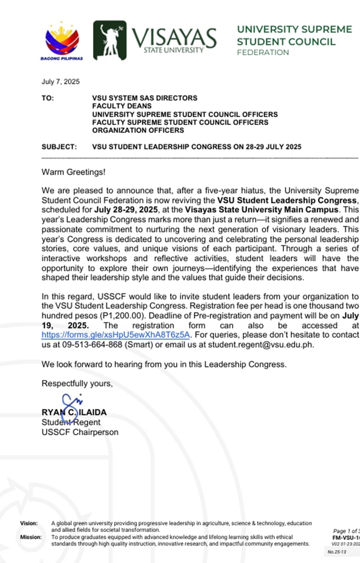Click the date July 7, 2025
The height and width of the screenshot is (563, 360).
point(61,82)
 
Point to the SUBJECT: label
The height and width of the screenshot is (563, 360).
point(59,147)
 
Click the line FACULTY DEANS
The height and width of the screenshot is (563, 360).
point(122,106)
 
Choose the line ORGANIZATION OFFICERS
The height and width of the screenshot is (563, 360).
point(138,130)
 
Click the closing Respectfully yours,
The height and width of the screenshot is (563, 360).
point(77,383)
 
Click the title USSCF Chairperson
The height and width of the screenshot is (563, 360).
point(80,432)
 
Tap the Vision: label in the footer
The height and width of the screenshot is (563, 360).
point(29,523)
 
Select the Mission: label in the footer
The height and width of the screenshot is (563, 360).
point(30,537)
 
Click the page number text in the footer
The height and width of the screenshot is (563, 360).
point(345,531)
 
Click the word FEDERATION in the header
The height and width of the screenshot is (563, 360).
point(263,52)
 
